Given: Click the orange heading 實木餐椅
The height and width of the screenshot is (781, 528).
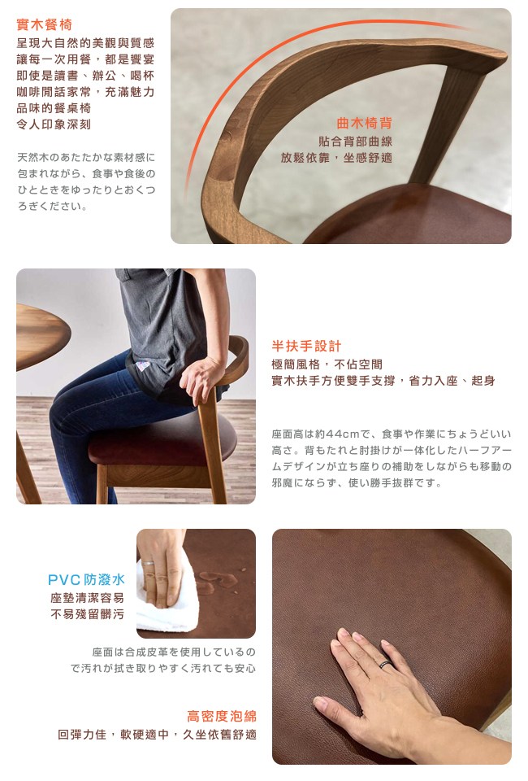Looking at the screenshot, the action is [x=44, y=24].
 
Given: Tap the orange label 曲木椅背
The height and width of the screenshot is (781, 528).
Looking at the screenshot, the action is [x=365, y=123].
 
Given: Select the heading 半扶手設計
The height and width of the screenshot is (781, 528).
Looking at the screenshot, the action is [x=306, y=346].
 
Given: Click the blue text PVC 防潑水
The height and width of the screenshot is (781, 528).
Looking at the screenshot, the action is [x=86, y=579].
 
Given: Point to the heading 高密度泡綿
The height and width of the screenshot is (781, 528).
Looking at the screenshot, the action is [x=222, y=716].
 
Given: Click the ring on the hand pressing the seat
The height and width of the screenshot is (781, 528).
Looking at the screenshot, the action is [x=386, y=664].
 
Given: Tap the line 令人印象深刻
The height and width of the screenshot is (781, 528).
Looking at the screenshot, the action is [x=54, y=124].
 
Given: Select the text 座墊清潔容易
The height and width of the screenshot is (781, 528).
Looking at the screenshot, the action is [x=88, y=598].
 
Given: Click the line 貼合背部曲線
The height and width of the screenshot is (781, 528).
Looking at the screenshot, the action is [x=356, y=142].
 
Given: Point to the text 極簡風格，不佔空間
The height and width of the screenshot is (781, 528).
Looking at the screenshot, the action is [x=327, y=364].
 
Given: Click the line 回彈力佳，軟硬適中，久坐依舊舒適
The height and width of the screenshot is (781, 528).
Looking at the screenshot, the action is [x=157, y=734].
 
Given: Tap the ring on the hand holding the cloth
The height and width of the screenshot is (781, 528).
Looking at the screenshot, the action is [x=148, y=563].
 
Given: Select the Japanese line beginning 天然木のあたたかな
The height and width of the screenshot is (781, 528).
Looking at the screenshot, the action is [x=86, y=157].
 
